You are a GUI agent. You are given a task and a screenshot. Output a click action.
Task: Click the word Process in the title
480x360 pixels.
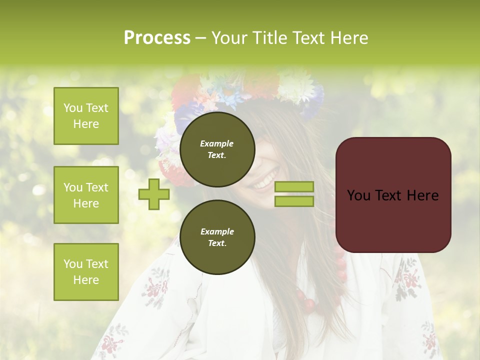tap(157, 38)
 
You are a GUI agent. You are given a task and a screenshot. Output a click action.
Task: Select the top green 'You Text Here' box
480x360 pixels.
tap(86, 116)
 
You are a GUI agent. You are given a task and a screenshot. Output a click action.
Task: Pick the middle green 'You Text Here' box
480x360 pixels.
tap(86, 195)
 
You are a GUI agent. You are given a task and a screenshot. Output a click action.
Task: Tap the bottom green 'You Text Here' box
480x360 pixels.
tap(86, 272)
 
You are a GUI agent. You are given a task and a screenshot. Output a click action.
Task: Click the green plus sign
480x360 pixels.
tap(154, 194)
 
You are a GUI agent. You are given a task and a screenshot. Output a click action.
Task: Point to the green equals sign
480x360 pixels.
tap(294, 194)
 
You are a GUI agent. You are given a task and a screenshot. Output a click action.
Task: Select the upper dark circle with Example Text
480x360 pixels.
tap(217, 149)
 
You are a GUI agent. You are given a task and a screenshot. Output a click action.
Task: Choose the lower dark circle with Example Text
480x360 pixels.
tap(217, 237)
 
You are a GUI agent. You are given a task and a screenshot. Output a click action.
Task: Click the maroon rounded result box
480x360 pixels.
tap(393, 195)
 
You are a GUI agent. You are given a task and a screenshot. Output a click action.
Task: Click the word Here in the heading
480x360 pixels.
tap(349, 38)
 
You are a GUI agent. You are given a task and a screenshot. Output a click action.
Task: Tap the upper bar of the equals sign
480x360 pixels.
tap(294, 187)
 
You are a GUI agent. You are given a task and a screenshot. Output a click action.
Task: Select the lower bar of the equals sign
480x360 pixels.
tap(294, 201)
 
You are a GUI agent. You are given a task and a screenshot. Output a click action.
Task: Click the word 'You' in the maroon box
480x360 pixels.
tap(359, 195)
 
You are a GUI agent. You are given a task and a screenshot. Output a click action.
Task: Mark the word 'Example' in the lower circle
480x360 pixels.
tap(217, 231)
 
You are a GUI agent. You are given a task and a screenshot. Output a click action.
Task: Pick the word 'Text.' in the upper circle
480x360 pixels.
tap(217, 155)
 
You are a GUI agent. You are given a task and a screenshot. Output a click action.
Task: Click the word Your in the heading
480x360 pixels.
tap(230, 38)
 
